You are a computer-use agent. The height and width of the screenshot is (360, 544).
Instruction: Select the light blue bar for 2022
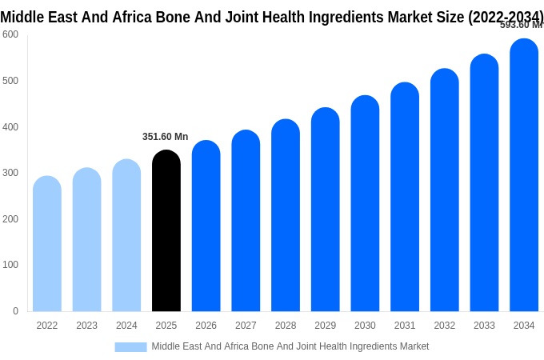coord(47,244)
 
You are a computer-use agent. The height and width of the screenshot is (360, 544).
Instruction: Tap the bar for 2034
coord(524,175)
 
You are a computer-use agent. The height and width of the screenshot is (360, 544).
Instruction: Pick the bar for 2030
coord(365,203)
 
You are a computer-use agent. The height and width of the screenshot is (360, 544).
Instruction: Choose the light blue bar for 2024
coord(126,235)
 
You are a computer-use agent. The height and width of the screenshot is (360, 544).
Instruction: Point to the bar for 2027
coord(246,221)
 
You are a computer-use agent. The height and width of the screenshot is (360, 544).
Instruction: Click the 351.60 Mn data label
coord(165,137)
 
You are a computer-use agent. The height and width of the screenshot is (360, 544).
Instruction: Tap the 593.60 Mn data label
coord(521,25)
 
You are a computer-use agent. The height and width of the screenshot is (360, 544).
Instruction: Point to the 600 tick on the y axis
coord(10,34)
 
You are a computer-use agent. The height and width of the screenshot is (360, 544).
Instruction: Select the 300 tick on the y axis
coord(10,173)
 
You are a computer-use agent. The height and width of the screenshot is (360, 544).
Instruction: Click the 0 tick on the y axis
coord(15,311)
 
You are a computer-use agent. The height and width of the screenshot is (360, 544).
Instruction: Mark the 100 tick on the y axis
coord(10,265)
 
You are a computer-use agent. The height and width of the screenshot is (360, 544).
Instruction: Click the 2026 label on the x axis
coord(206,326)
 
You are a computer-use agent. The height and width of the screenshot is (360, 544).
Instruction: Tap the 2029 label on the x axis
coord(325,326)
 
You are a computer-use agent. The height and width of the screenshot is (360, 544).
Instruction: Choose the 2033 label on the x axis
coord(484,326)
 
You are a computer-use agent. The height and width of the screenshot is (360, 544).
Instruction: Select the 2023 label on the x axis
coord(86,326)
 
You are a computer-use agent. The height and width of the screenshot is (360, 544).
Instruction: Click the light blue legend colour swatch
coord(130,346)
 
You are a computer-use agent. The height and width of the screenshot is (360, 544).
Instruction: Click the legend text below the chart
coord(290,346)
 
